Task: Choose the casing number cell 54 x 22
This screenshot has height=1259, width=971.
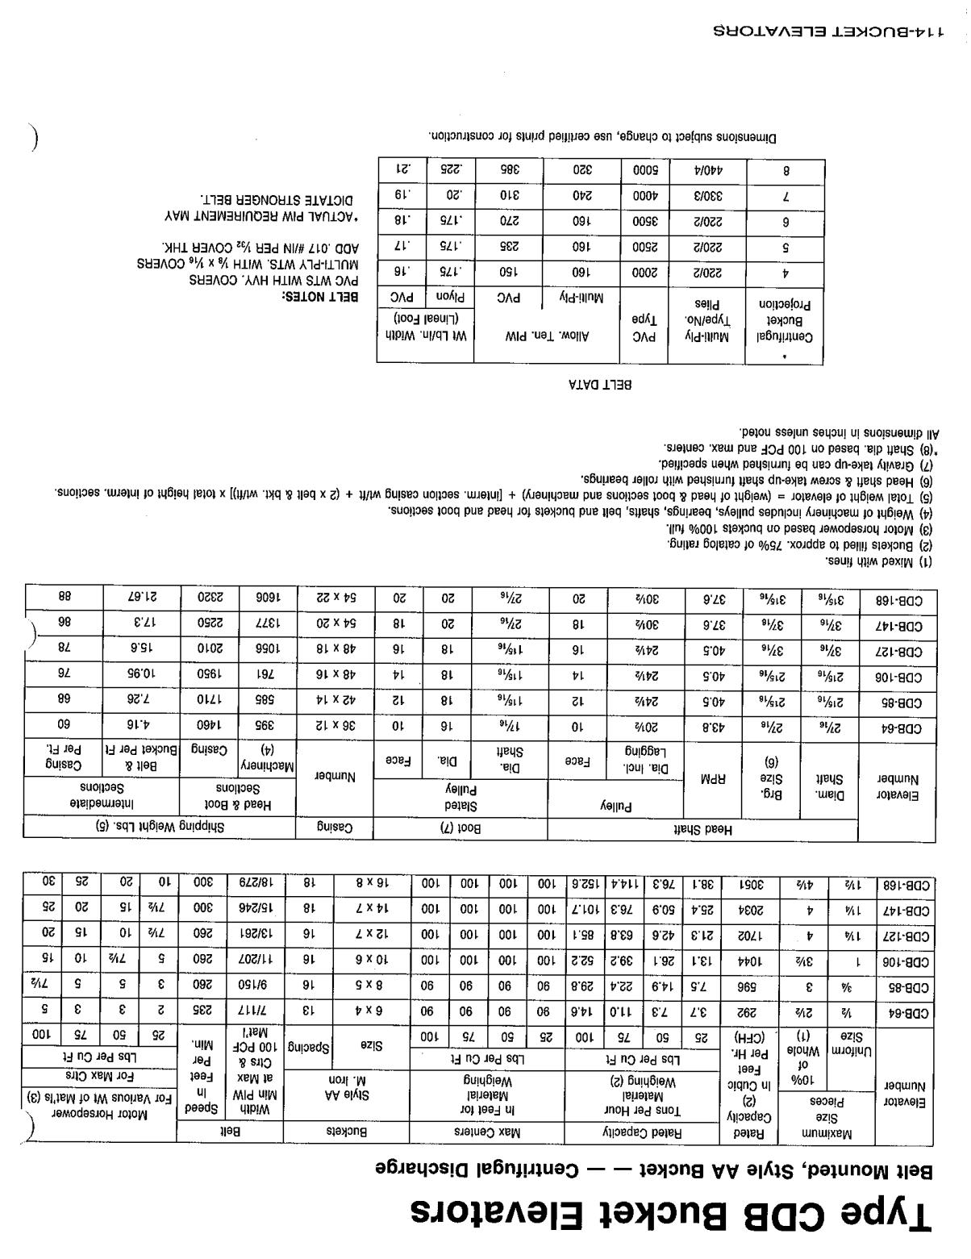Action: point(336,598)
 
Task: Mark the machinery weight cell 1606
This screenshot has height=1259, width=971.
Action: point(265,598)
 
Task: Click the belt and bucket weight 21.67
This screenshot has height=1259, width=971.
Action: point(141,598)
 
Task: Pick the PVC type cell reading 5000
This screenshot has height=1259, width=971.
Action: point(644,171)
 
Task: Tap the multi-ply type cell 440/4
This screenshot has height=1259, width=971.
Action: point(707,171)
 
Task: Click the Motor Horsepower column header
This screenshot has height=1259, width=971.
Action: point(98,1115)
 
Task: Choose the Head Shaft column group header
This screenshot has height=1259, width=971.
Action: point(702,828)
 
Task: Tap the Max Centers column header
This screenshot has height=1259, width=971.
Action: point(487,1132)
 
